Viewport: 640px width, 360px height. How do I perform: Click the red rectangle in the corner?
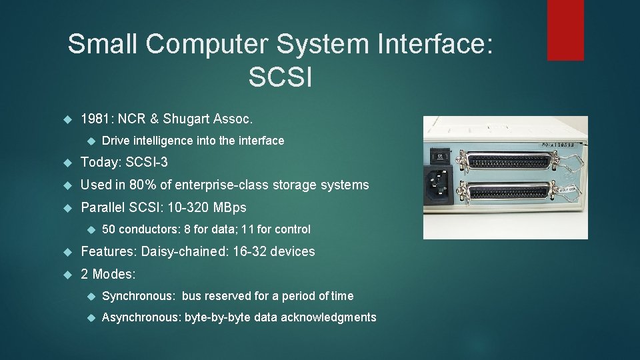click(565, 30)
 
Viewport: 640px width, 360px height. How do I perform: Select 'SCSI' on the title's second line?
click(280, 77)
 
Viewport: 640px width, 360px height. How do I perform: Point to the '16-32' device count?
click(249, 251)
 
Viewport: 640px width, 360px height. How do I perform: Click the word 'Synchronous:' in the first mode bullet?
click(134, 296)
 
